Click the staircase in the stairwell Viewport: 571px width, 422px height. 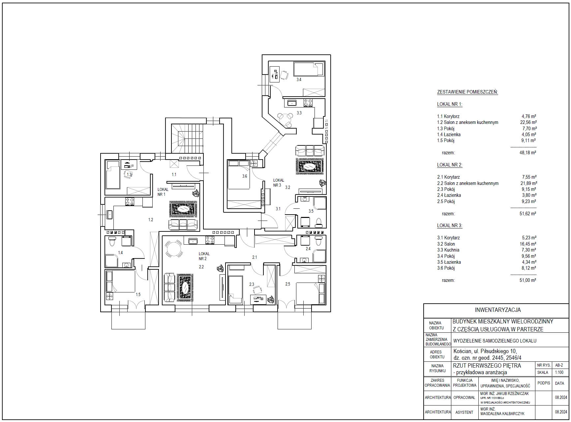[x=187, y=138]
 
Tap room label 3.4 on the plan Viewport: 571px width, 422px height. [x=299, y=79]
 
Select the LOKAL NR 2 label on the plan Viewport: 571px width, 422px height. [x=204, y=256]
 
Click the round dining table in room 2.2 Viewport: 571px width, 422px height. [x=174, y=249]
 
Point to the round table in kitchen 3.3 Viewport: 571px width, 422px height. [x=285, y=118]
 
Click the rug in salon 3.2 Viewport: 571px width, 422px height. [x=310, y=166]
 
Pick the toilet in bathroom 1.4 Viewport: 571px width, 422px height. [x=112, y=241]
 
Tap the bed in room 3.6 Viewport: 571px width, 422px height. [x=238, y=175]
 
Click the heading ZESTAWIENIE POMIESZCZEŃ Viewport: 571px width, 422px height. [x=467, y=92]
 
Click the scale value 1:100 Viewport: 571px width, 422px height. [x=559, y=373]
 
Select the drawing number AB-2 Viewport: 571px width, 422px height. [x=559, y=365]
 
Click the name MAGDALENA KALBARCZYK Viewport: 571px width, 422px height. [x=502, y=414]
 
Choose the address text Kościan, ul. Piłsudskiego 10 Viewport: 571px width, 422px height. [x=485, y=351]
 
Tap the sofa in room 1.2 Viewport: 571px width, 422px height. [x=184, y=225]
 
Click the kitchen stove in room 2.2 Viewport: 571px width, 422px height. [x=210, y=241]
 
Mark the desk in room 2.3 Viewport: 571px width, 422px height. [x=258, y=299]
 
